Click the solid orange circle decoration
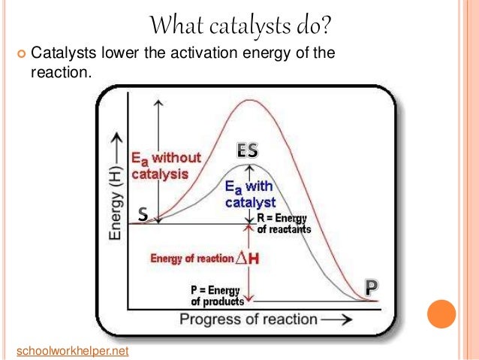coord(441,313)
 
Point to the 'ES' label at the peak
coord(247,150)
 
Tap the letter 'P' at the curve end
coord(371,287)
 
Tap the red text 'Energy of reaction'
coord(192,259)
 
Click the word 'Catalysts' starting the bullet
coord(61,54)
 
